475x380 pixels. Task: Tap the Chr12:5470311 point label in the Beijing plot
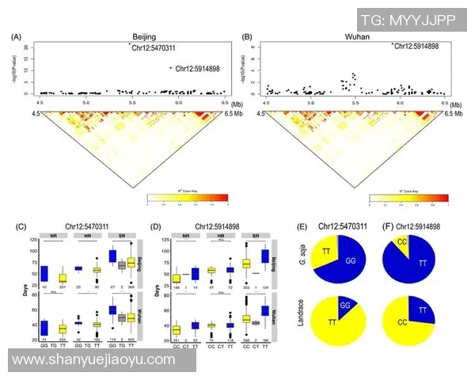[x=155, y=46]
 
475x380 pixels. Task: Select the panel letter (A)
[x=17, y=37]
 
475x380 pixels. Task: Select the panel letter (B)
[x=247, y=37]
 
